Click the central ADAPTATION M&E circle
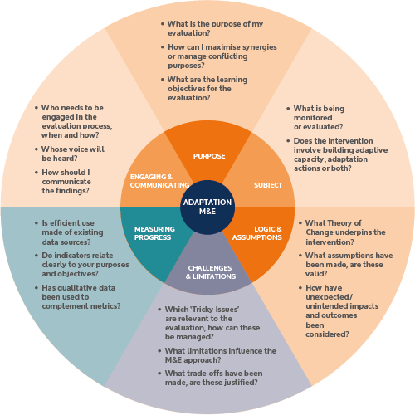click(207, 207)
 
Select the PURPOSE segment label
click(209, 156)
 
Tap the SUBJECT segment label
click(268, 185)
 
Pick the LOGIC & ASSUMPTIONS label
click(257, 233)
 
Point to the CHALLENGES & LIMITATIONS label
click(211, 272)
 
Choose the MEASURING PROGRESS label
click(154, 233)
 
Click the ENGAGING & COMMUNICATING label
click(159, 181)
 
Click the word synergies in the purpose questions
click(259, 47)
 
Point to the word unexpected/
click(330, 297)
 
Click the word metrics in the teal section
click(107, 306)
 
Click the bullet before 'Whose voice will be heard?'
click(37, 149)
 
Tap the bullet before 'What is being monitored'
click(288, 109)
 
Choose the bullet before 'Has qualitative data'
click(37, 288)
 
